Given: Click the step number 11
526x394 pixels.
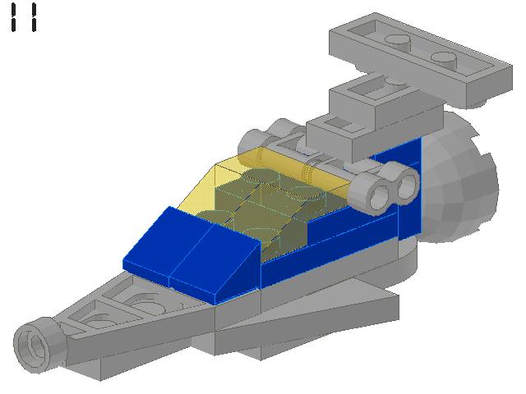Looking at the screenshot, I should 24,17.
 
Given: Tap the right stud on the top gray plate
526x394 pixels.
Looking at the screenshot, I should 445,58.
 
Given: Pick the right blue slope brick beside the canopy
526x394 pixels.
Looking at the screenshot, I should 218,259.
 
